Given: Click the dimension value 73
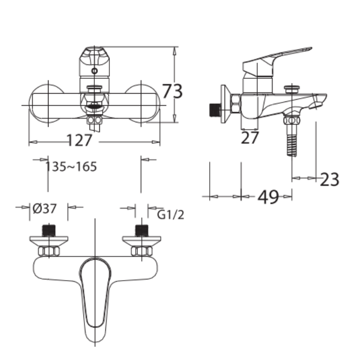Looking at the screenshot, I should tap(172, 90).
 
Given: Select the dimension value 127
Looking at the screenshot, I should tap(79, 141).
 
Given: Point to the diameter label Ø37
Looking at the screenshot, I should tap(45, 208).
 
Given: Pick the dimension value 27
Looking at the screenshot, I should tap(249, 138).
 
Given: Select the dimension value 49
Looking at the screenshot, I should tap(268, 197).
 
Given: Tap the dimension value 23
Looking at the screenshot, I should tap(329, 179).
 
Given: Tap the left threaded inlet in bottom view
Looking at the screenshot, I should tap(50, 229).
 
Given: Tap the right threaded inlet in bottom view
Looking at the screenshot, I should tap(142, 229).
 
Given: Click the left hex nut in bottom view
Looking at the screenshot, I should tap(49, 251).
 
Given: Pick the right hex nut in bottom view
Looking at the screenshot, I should tap(141, 251).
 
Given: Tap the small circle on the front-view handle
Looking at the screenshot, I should tap(94, 71).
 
